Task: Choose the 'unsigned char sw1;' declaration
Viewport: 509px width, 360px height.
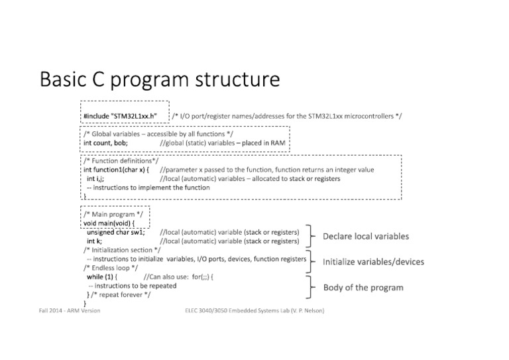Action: point(115,233)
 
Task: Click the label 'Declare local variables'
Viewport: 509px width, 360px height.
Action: point(365,236)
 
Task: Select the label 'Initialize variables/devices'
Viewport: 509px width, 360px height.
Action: point(373,261)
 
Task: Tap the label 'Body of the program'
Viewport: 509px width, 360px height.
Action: point(363,287)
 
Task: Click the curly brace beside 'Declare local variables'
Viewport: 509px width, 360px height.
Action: point(311,236)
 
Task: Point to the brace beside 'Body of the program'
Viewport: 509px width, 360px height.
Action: point(311,287)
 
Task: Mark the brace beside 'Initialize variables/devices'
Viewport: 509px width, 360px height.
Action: point(311,261)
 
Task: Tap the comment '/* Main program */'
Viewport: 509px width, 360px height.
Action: point(112,214)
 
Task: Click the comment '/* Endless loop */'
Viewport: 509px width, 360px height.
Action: point(111,267)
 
